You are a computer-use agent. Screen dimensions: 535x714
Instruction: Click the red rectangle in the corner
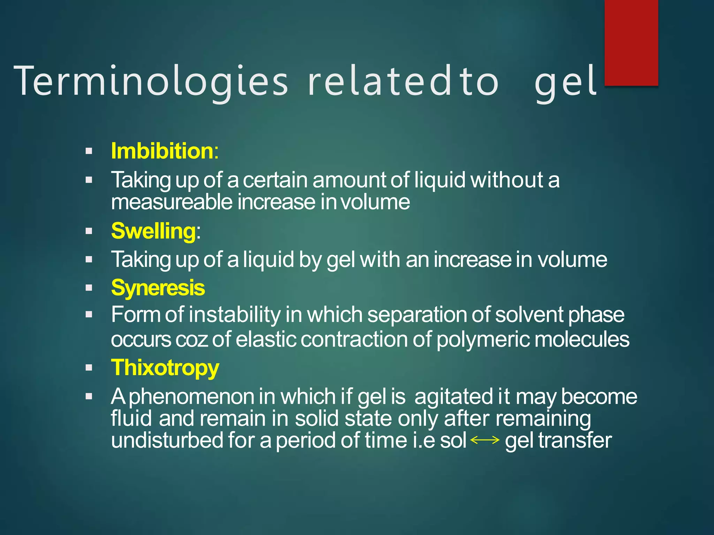click(631, 42)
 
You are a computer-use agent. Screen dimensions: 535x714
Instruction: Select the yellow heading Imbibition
click(162, 151)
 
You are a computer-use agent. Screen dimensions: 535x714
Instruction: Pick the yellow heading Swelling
click(153, 231)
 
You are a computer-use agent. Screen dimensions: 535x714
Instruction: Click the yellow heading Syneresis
click(158, 288)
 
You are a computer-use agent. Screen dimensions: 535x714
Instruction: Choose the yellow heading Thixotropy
click(165, 368)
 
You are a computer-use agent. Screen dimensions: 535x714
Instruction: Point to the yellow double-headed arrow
click(485, 440)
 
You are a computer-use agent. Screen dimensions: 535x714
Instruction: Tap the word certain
click(275, 180)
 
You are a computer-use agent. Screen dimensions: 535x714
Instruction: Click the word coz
click(192, 340)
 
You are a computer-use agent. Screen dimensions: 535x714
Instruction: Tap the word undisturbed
click(167, 440)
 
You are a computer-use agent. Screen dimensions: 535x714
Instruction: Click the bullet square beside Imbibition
click(89, 151)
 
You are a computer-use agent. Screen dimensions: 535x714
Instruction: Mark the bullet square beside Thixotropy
click(89, 368)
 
